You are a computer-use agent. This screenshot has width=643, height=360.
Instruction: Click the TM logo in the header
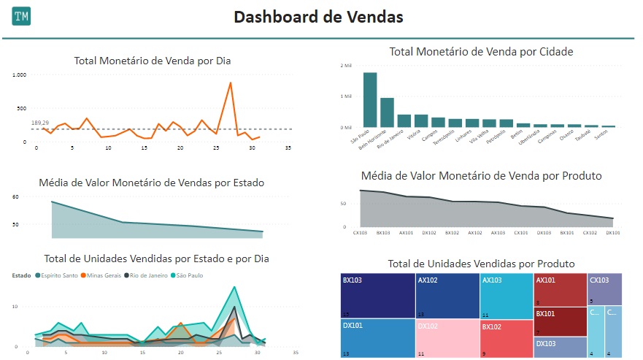click(22, 16)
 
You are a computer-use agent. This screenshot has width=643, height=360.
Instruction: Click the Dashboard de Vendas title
click(318, 17)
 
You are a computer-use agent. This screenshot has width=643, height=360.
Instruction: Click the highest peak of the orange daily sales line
click(231, 83)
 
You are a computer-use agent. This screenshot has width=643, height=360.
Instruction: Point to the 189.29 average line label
click(40, 123)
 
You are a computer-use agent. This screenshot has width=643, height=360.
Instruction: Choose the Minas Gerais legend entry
click(102, 275)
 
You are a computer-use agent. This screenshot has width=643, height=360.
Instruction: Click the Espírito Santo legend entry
click(57, 275)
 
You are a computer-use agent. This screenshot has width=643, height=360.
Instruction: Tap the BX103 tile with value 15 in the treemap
click(377, 296)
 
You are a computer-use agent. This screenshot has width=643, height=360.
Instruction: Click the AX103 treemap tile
click(506, 296)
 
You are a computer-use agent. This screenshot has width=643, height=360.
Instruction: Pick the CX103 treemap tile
click(604, 289)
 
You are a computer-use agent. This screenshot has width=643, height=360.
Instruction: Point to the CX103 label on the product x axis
click(360, 233)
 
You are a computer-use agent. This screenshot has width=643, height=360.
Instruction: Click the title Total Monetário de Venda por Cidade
click(481, 52)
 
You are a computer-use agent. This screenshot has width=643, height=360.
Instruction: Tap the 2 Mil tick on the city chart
click(346, 66)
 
